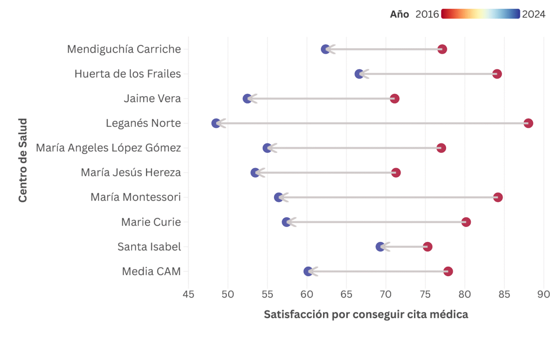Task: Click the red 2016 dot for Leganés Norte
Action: pos(528,123)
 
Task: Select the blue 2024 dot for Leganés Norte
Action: pos(216,123)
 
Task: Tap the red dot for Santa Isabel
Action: pos(427,247)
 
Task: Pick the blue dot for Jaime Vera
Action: pos(247,98)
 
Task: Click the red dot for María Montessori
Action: pos(498,197)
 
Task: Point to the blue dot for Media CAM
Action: pos(308,271)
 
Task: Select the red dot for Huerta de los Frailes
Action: pos(497,74)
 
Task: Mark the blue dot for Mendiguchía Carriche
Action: pos(326,49)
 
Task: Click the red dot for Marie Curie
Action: pos(466,222)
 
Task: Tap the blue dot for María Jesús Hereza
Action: pos(255,173)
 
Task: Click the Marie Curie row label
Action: pos(151,222)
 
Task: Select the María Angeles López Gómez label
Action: pos(108,148)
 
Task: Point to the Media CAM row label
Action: pos(151,271)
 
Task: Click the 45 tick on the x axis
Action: pos(188,294)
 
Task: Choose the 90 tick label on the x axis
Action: pos(543,294)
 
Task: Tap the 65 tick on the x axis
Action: pos(346,294)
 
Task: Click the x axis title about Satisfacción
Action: pos(365,315)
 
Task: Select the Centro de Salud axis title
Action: pos(22,160)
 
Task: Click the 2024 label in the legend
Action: pos(533,14)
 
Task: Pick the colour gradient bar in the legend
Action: pos(480,14)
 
